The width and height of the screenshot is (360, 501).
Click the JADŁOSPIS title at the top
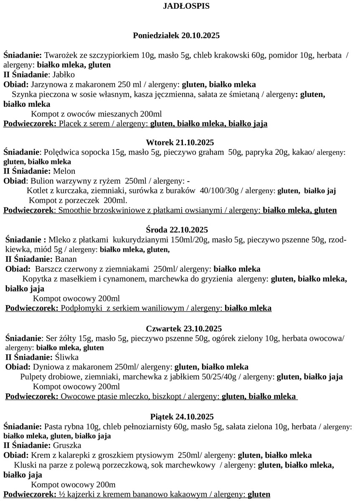[x=180, y=6]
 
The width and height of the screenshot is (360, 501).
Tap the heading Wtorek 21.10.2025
[x=180, y=142]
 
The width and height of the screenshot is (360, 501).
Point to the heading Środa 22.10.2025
[x=180, y=230]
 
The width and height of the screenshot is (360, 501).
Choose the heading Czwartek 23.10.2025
[x=180, y=328]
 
